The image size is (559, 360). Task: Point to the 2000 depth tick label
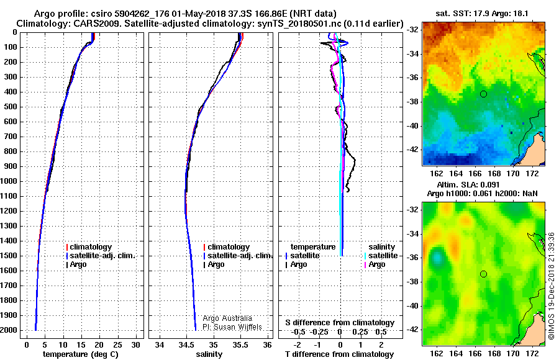click(x=11, y=330)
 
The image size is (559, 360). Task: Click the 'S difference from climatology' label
click(x=340, y=323)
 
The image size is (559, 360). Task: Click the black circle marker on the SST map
click(x=483, y=94)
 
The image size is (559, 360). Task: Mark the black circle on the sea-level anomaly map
click(x=483, y=274)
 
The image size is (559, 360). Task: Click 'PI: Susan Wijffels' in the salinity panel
click(x=232, y=327)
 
